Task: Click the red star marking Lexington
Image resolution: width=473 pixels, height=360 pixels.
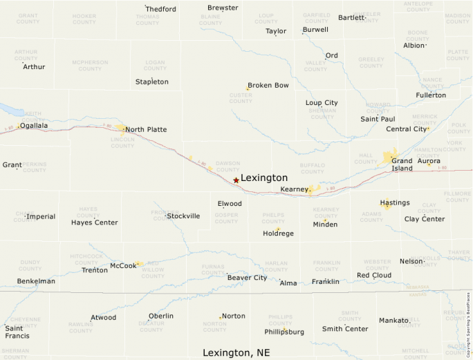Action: (236, 180)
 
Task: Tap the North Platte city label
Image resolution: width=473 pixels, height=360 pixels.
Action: (146, 129)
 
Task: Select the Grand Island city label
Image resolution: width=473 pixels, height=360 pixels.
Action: (402, 164)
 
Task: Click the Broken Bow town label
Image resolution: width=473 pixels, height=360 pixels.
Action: (268, 85)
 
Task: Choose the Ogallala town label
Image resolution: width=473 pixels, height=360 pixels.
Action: (34, 126)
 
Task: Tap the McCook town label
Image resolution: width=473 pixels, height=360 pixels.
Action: (123, 265)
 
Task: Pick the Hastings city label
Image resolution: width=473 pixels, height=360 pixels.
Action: (395, 202)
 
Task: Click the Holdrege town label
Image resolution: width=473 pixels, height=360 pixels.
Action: (278, 234)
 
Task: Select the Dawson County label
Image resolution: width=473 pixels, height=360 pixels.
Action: (228, 166)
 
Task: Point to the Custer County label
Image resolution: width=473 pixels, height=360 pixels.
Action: (241, 98)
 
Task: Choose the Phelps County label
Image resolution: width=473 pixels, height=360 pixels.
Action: (273, 218)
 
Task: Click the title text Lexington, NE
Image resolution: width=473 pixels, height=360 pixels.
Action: (236, 352)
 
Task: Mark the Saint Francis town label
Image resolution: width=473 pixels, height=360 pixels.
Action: (17, 332)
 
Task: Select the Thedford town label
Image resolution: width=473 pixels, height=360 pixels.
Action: (160, 9)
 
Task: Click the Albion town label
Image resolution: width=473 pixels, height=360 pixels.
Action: (414, 46)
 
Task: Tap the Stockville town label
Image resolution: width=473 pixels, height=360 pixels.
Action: (183, 216)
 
